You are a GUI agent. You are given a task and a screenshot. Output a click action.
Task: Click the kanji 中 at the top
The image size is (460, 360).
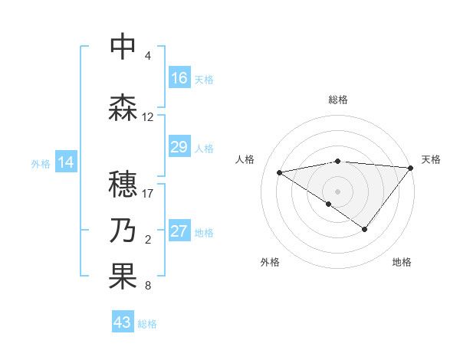123,47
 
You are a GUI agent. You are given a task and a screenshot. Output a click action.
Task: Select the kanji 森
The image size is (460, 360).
123,107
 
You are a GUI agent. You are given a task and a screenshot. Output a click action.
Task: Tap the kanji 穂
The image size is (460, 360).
123,185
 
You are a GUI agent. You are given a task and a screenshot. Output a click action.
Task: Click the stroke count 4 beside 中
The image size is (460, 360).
147,56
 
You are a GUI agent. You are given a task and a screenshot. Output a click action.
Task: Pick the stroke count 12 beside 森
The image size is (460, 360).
147,117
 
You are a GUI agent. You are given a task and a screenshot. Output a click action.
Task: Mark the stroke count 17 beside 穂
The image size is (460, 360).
147,194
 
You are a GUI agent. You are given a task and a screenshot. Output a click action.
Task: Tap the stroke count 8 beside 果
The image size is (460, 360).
147,286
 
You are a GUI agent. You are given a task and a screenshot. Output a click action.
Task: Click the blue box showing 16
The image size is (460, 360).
179,78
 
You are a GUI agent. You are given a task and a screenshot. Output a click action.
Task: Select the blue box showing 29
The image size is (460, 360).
179,147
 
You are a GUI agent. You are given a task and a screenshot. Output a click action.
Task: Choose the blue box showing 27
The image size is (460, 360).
179,231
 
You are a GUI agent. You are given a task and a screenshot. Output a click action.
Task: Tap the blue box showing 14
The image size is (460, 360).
66,162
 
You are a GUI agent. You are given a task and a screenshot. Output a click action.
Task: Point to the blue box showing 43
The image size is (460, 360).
123,322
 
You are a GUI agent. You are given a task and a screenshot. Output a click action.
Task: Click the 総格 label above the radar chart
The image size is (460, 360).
338,100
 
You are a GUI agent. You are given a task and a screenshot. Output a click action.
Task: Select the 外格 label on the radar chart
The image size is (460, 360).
270,262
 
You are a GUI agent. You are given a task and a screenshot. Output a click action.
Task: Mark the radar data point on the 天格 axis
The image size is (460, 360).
411,167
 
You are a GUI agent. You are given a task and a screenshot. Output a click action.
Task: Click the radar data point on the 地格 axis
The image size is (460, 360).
365,228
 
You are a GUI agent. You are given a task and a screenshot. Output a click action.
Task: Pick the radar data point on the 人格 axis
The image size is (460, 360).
280,172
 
